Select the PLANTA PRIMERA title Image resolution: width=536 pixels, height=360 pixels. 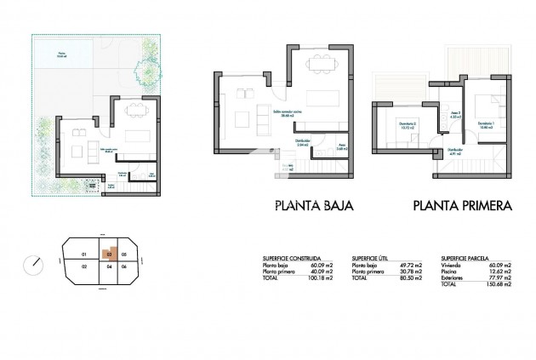pos(462,205)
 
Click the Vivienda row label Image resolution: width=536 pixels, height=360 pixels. pos(450,265)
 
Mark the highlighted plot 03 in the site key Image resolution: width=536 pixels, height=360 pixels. pos(108,254)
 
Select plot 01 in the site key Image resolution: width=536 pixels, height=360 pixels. pos(83,254)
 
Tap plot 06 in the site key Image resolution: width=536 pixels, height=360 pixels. pos(124,267)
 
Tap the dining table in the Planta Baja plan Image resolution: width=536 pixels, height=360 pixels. pos(321,61)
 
